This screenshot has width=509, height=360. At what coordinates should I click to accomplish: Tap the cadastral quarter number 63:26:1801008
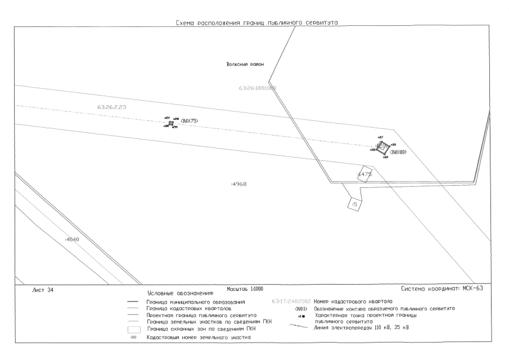point(258,88)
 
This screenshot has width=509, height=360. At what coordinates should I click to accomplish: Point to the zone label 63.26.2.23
point(111,107)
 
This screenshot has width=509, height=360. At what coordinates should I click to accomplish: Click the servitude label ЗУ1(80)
point(398,152)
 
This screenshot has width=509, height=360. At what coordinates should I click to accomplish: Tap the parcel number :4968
point(239,184)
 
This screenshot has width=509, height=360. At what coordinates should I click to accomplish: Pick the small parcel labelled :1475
point(364,174)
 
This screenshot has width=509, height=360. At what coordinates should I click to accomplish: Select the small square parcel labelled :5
point(354,204)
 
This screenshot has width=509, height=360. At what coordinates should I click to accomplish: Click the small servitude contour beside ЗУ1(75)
point(171,123)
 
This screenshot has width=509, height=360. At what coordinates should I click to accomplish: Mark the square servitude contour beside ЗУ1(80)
point(382,146)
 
